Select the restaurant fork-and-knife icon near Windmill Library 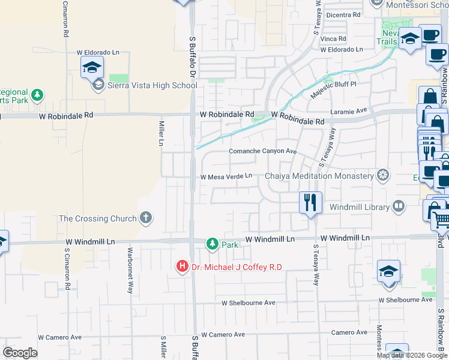310,202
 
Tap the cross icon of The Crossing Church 146,218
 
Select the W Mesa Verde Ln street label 226,176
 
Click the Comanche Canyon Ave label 263,151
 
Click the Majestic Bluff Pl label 333,92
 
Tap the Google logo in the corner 20,353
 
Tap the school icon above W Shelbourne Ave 388,271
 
